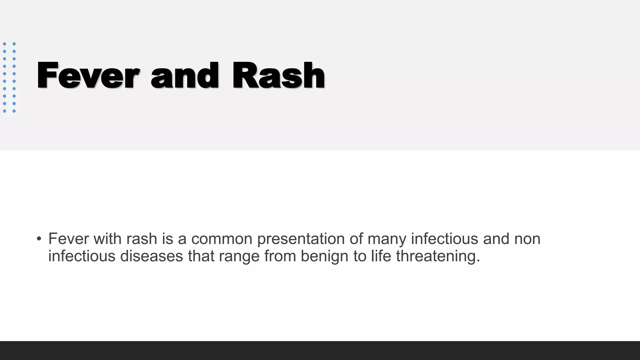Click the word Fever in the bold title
point(88,76)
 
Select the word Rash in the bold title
point(278,76)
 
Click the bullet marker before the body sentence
point(39,239)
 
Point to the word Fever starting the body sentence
point(68,239)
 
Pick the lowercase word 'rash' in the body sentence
point(142,239)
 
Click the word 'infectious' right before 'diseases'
point(82,256)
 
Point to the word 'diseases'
point(152,256)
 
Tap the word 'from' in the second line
point(280,256)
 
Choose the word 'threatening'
point(438,256)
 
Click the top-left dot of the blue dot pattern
point(5,44)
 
